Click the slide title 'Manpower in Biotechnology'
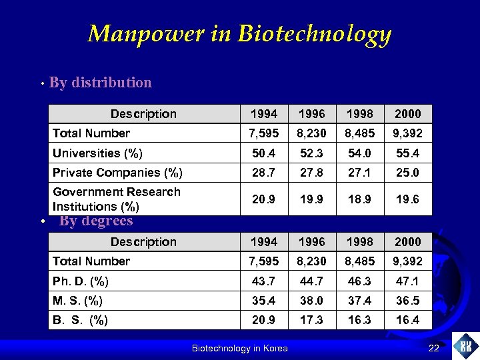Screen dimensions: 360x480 tap(239, 33)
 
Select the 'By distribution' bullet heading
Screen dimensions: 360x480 tap(101, 83)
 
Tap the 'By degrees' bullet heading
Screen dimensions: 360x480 tap(96, 221)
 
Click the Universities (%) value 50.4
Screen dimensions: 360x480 tap(264, 153)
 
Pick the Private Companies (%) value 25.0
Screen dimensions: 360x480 tap(407, 173)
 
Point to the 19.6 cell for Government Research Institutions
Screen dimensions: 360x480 tap(407, 199)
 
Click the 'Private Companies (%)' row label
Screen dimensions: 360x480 tap(117, 173)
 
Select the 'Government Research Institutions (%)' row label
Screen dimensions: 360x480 tap(117, 199)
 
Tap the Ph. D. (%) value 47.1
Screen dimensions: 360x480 tap(407, 281)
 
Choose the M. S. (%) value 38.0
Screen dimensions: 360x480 tap(311, 301)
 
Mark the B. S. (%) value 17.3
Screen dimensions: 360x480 tap(311, 320)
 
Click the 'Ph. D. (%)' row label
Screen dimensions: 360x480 tap(81, 281)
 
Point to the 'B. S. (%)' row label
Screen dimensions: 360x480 tap(80, 320)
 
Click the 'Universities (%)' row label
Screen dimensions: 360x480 tap(97, 153)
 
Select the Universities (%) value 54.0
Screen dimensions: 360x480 tap(359, 153)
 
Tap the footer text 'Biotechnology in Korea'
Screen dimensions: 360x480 tap(239, 348)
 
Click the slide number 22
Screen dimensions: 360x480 tap(434, 348)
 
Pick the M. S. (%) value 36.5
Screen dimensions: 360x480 tap(407, 301)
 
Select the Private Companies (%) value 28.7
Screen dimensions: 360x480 tap(264, 173)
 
